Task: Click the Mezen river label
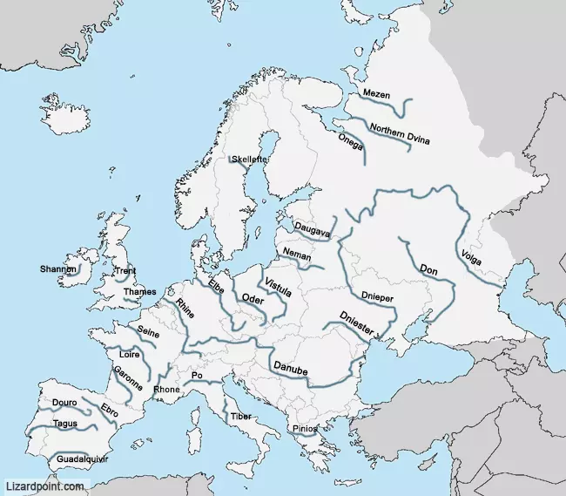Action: pyautogui.click(x=376, y=94)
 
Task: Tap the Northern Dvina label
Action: pyautogui.click(x=400, y=134)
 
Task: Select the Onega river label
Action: pyautogui.click(x=350, y=141)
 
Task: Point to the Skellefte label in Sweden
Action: pyautogui.click(x=249, y=160)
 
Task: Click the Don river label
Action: pyautogui.click(x=428, y=270)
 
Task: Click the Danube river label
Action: pyautogui.click(x=290, y=369)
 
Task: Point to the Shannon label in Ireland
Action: pyautogui.click(x=58, y=269)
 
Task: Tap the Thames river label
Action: pyautogui.click(x=140, y=292)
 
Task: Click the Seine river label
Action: pyautogui.click(x=148, y=331)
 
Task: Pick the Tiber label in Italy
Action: pyautogui.click(x=241, y=417)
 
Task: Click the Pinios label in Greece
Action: pyautogui.click(x=305, y=428)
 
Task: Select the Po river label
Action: pyautogui.click(x=196, y=376)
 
